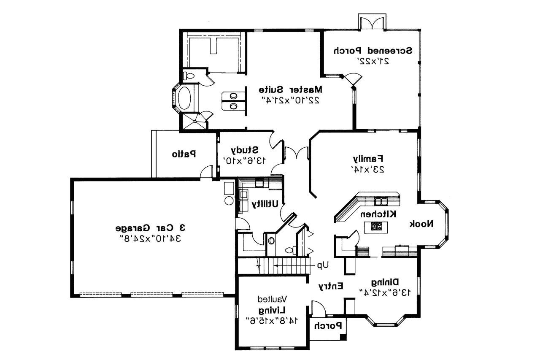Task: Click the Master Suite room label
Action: pyautogui.click(x=290, y=89)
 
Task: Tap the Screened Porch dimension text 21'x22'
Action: pyautogui.click(x=373, y=61)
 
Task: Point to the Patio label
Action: pyautogui.click(x=184, y=154)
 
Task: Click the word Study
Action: pyautogui.click(x=244, y=150)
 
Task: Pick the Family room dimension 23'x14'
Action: pyautogui.click(x=367, y=169)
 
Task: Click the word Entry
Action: pyautogui.click(x=330, y=286)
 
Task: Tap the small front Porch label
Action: pyautogui.click(x=328, y=325)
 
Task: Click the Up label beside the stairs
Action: pyautogui.click(x=323, y=265)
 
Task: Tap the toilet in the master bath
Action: pyautogui.click(x=188, y=76)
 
